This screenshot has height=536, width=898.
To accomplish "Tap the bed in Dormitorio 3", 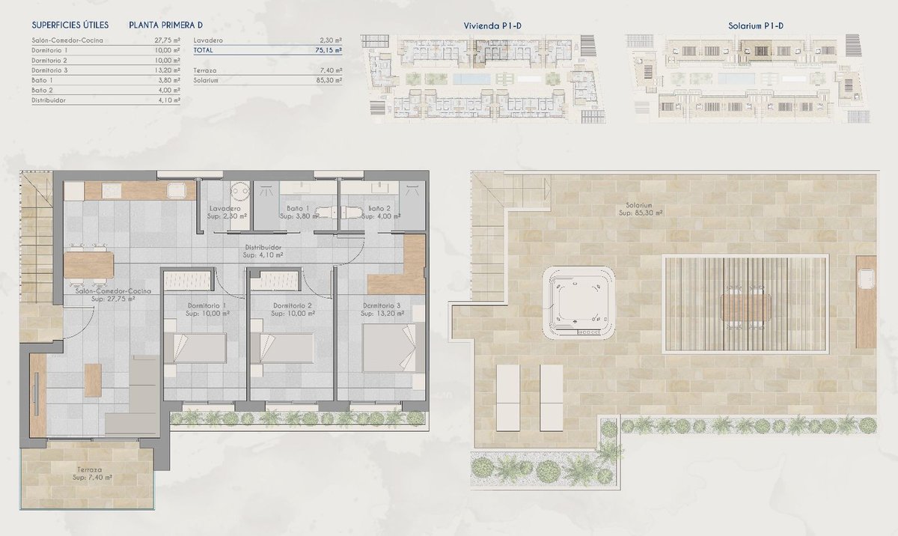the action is click(394, 347).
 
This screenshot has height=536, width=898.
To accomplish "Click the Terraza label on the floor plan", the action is click(89, 469).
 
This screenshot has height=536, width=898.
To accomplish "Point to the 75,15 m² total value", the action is click(329, 50).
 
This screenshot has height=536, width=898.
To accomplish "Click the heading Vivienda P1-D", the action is click(492, 26).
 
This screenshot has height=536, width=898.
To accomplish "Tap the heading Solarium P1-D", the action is click(756, 26).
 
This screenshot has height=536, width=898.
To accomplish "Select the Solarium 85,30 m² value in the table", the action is click(329, 80).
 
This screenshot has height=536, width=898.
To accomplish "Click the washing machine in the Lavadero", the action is click(240, 192).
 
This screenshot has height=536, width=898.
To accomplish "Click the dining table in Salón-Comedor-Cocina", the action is click(88, 264).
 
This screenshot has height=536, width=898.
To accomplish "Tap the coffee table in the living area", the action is click(93, 380).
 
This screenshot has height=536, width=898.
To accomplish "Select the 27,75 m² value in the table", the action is click(167, 40).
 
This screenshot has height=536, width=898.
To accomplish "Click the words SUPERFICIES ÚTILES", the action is click(70, 25).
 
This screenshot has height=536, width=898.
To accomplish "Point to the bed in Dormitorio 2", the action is click(282, 348).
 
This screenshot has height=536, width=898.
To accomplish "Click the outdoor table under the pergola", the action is click(745, 308).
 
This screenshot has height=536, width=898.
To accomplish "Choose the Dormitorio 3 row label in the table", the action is click(49, 70).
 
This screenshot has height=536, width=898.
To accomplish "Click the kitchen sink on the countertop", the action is click(177, 190).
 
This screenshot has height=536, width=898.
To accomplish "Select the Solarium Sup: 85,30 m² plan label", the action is click(641, 209).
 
